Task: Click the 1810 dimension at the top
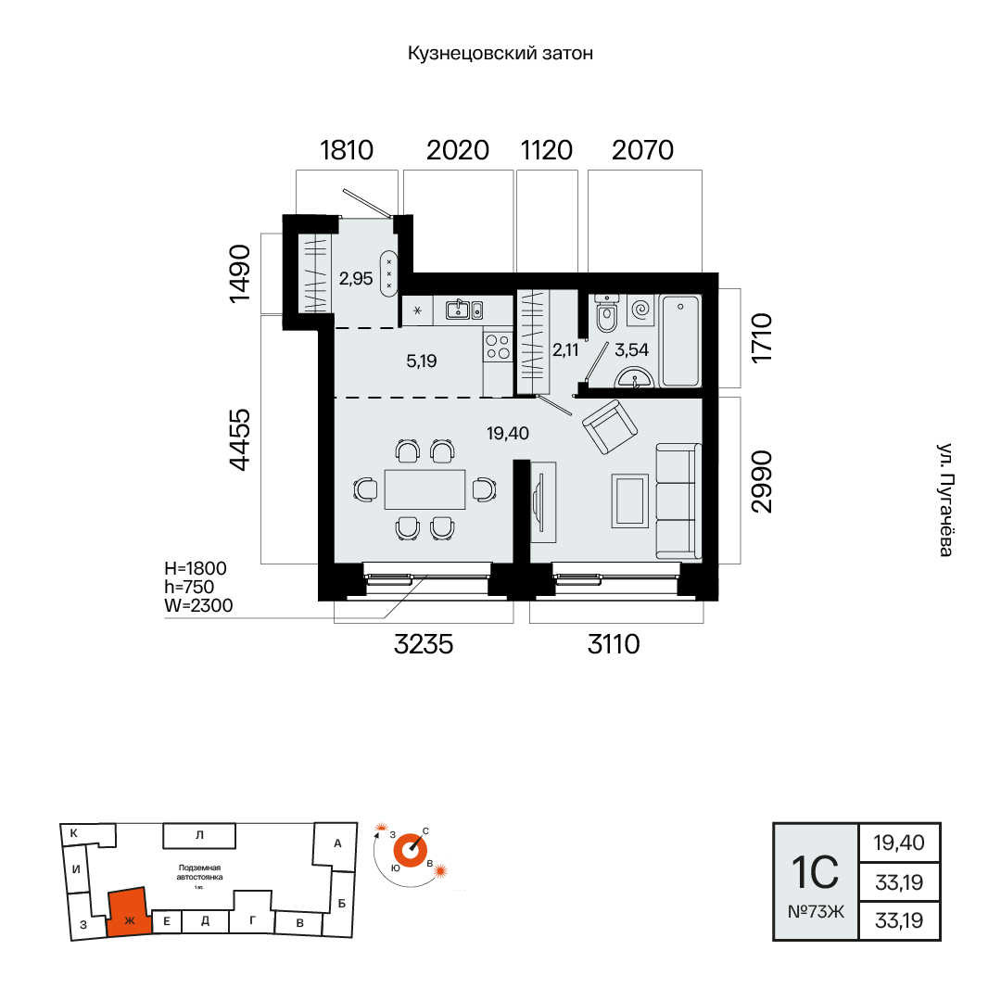[x=346, y=150]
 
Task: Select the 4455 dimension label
[x=240, y=440]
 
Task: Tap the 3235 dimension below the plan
[x=424, y=644]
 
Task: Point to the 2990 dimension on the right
[x=762, y=481]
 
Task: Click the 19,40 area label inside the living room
[x=508, y=434]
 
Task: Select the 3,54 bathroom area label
[x=631, y=349]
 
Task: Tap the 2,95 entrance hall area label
[x=356, y=278]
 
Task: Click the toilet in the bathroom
[x=606, y=313]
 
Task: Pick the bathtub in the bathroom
[x=680, y=341]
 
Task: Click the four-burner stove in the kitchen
[x=498, y=348]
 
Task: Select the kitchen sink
[x=464, y=310]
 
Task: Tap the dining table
[x=424, y=489]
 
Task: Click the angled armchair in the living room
[x=610, y=426]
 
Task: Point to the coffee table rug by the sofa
[x=630, y=500]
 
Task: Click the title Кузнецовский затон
[x=500, y=53]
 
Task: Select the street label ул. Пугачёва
[x=945, y=500]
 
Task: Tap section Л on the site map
[x=199, y=835]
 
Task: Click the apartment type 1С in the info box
[x=816, y=872]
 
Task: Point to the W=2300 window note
[x=198, y=605]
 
